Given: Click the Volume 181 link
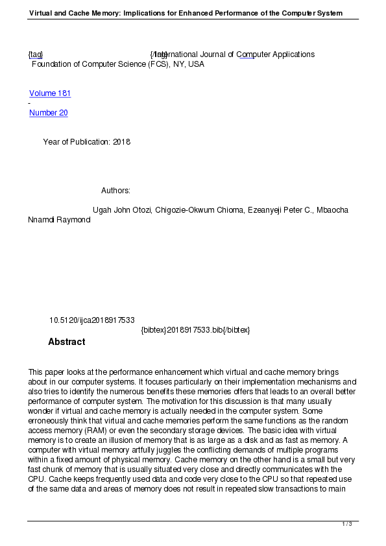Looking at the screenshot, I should pyautogui.click(x=50, y=93).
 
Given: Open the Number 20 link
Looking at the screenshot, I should pyautogui.click(x=48, y=113).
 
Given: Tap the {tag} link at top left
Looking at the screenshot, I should pyautogui.click(x=36, y=54).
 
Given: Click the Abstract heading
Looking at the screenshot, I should pyautogui.click(x=66, y=342).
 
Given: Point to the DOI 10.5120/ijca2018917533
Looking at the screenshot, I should pyautogui.click(x=92, y=320).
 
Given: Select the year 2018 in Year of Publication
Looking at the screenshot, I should pyautogui.click(x=121, y=142).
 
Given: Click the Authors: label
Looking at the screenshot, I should pyautogui.click(x=115, y=191).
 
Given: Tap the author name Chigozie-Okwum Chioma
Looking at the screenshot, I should pyautogui.click(x=200, y=211).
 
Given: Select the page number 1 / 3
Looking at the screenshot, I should pyautogui.click(x=347, y=524).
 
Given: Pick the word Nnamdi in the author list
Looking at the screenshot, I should pyautogui.click(x=41, y=220).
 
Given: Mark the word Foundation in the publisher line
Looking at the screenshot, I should pyautogui.click(x=53, y=64).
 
